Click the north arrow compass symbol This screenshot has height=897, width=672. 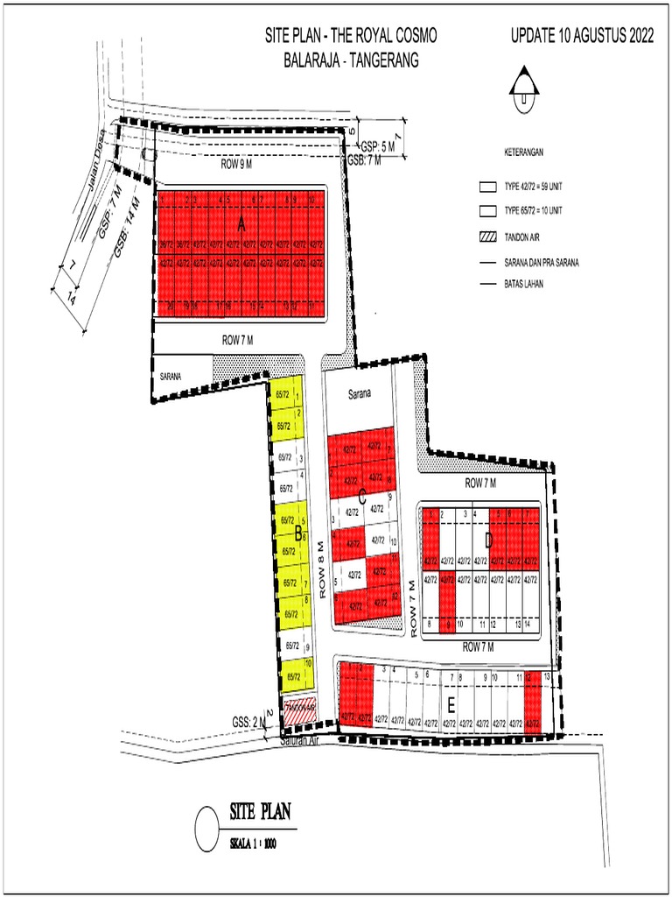[524, 85]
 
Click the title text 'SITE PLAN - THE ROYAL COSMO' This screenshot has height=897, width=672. [351, 37]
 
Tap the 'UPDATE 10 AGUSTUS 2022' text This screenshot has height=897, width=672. [582, 37]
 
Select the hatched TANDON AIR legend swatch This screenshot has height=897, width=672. [487, 237]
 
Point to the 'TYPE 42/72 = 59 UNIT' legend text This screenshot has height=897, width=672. [533, 187]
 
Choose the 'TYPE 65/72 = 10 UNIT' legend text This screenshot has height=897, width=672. [533, 211]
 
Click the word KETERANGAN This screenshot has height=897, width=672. [523, 152]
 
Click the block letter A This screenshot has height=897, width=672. [241, 226]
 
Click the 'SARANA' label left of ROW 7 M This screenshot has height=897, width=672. [170, 376]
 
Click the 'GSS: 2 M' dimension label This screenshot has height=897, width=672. [248, 721]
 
